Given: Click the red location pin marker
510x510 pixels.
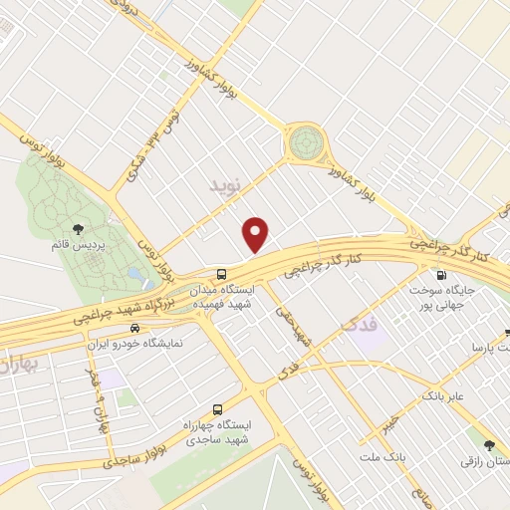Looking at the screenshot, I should click(x=256, y=233).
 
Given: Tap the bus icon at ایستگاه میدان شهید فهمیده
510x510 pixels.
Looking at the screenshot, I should click(x=221, y=274).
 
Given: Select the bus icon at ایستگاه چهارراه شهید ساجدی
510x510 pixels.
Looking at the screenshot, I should click(x=217, y=408).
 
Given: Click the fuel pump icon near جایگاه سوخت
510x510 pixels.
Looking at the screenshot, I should click(x=440, y=275).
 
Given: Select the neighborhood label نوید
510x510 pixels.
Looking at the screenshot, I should click(x=226, y=186).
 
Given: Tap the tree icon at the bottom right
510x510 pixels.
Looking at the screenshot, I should click(x=488, y=445).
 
